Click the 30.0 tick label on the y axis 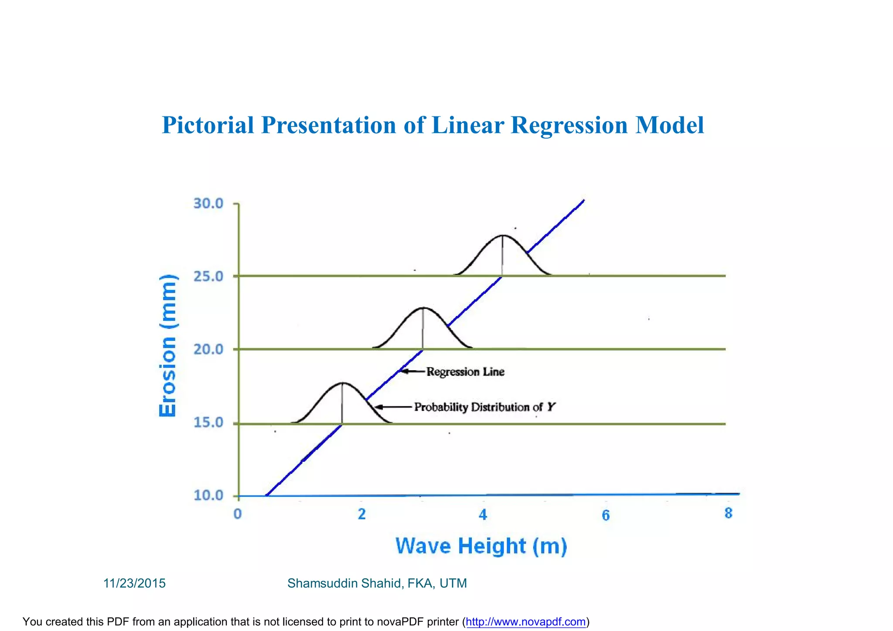[x=208, y=204]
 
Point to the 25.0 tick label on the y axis [x=208, y=276]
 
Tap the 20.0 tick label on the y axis [x=208, y=349]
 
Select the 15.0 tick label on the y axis [x=208, y=423]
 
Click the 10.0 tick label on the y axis [x=208, y=495]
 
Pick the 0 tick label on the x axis [x=238, y=514]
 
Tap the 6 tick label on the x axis [x=606, y=516]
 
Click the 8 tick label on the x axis [x=729, y=514]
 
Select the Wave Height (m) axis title [x=481, y=546]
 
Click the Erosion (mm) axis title [x=168, y=346]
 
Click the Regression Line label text [x=465, y=372]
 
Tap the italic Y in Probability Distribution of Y [x=551, y=407]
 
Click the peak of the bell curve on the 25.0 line [x=503, y=235]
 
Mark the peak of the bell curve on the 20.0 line [x=423, y=308]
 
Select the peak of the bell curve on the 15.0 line [x=342, y=383]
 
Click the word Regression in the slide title [x=569, y=125]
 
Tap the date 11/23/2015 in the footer [x=134, y=583]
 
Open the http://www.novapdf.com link [x=525, y=622]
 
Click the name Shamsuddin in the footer [x=323, y=583]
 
